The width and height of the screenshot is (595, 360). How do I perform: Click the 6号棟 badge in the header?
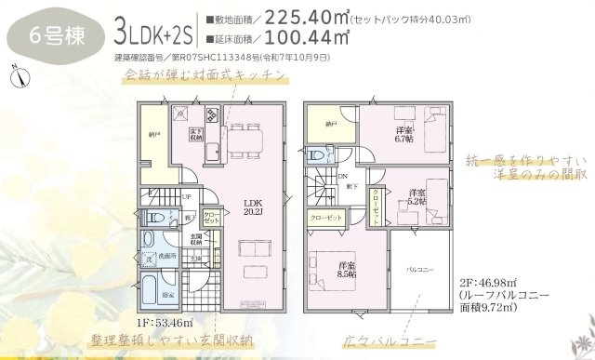[50, 38]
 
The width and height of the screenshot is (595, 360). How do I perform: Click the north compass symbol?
[18, 77]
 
